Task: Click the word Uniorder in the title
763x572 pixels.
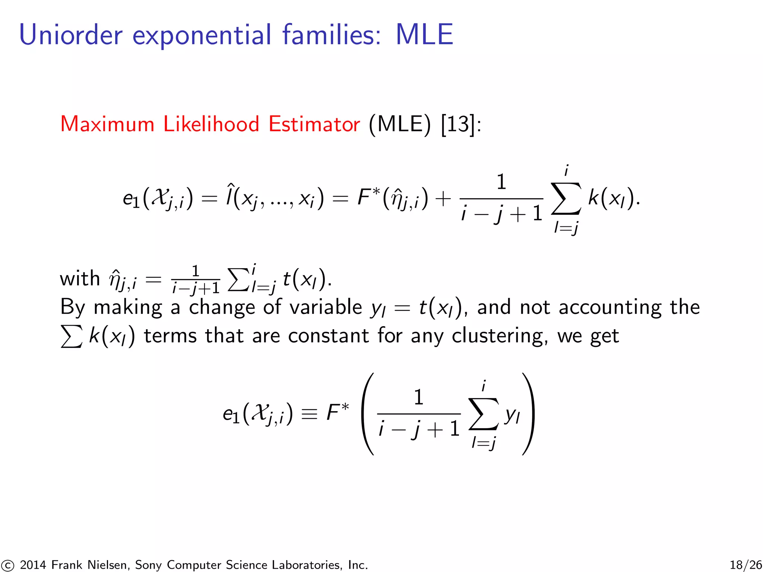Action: coord(71,35)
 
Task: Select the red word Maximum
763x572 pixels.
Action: coord(107,124)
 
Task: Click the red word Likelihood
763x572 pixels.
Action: coord(211,124)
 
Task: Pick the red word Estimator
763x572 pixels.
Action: coord(314,124)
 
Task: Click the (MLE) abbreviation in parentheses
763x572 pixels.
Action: coord(400,124)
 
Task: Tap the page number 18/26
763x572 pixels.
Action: coord(745,565)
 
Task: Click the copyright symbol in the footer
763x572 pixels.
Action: coord(7,565)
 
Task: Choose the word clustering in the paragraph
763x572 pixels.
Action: coord(500,336)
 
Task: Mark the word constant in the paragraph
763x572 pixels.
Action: coord(328,336)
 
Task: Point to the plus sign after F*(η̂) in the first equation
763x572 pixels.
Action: coord(443,198)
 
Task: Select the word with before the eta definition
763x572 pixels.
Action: coord(80,279)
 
